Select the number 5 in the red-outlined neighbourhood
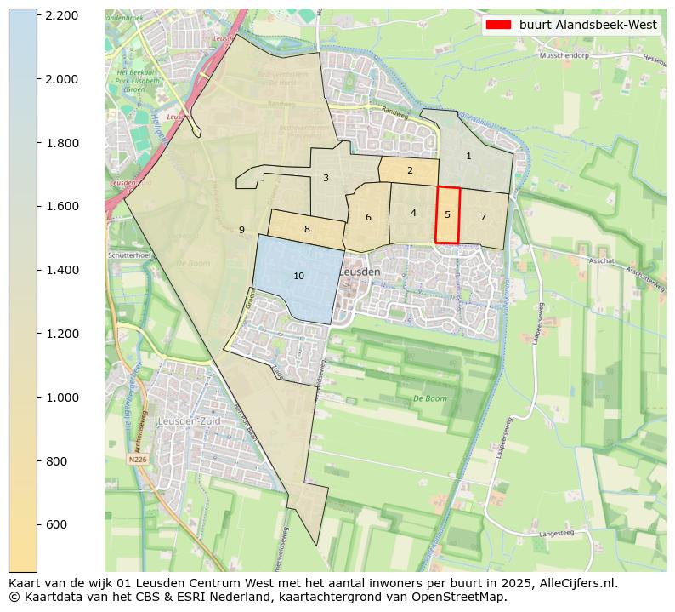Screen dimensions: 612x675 coord(447,214)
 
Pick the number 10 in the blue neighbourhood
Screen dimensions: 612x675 coord(298,276)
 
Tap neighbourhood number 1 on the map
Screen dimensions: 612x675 coord(468,156)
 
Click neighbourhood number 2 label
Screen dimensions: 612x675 coord(410,170)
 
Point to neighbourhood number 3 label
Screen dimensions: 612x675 coord(326,178)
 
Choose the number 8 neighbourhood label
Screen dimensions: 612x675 coord(307,229)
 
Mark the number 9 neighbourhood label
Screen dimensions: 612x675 coord(241,230)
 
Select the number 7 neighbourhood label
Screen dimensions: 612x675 coord(483,217)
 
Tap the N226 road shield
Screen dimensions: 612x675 coord(138,459)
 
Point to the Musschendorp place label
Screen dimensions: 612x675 coord(564,56)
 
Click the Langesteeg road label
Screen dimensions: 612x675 coord(557,534)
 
